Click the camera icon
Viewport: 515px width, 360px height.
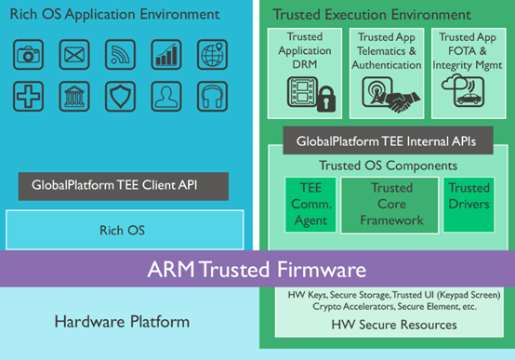click(x=28, y=55)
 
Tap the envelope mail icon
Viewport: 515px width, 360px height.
click(x=74, y=55)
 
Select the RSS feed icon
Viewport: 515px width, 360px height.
click(x=121, y=55)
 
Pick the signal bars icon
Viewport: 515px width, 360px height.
click(x=167, y=55)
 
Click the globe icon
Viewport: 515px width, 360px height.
click(x=213, y=55)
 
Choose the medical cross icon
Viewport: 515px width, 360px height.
click(x=28, y=96)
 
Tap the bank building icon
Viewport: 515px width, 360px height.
click(x=74, y=96)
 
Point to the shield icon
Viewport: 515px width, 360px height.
click(x=121, y=96)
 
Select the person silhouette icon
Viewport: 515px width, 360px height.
click(x=167, y=96)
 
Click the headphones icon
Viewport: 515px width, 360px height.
click(x=213, y=96)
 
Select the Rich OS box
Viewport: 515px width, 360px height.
click(x=125, y=229)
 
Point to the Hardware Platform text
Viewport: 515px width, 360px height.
click(x=122, y=322)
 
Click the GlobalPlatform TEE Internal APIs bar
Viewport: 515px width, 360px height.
click(x=386, y=142)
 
